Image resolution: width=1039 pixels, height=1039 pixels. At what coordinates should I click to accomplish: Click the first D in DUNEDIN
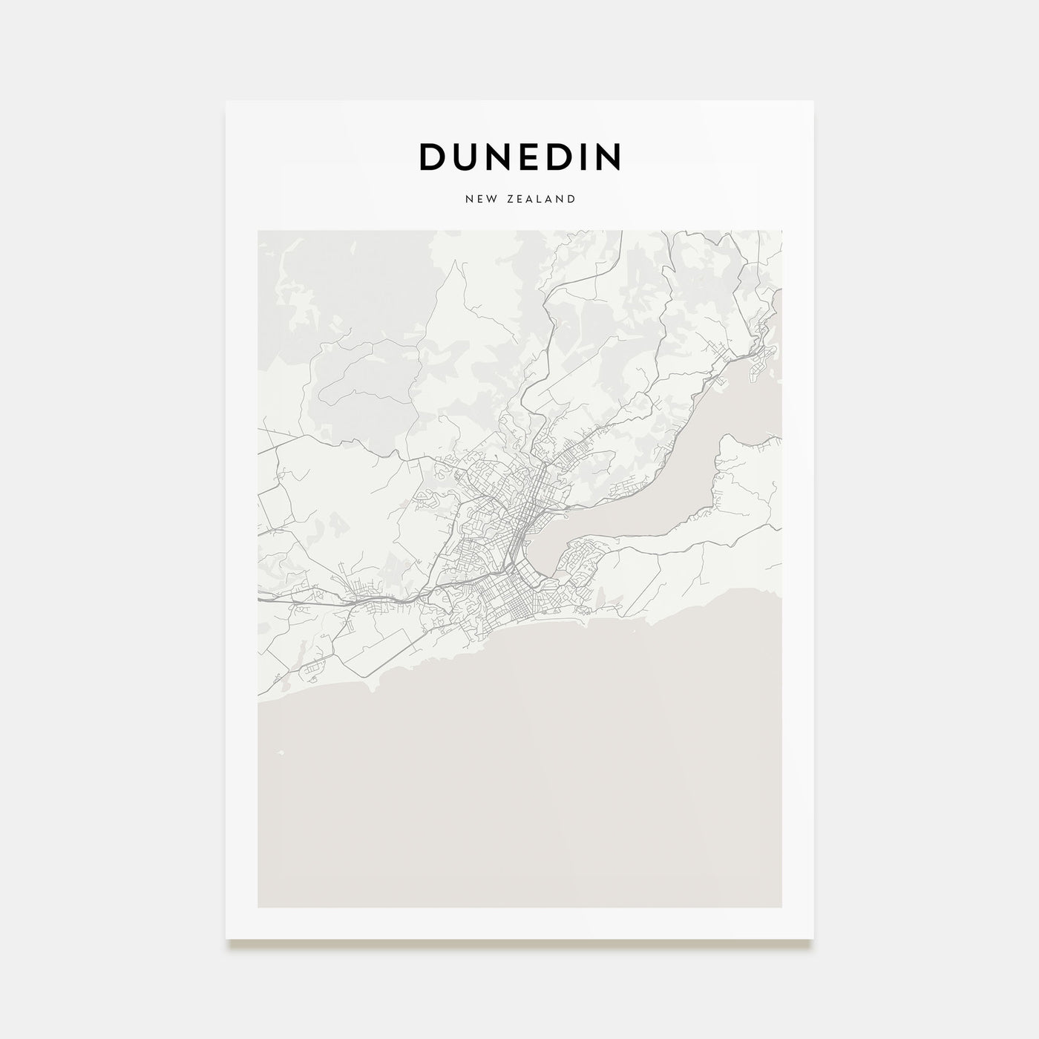433,157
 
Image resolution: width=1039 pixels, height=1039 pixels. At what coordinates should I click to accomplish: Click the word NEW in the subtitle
479,199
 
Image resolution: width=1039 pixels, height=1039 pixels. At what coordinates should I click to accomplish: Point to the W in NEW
491,199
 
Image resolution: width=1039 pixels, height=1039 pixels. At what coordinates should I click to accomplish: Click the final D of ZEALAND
572,199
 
